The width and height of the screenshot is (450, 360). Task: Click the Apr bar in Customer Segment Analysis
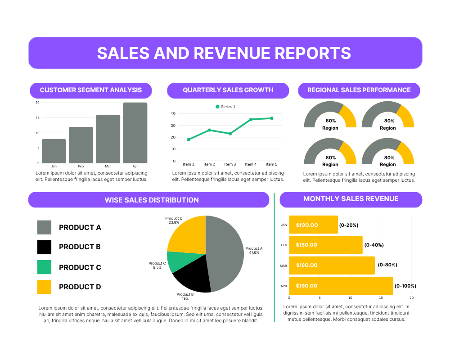tap(135, 133)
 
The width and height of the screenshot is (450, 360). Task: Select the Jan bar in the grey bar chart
tap(54, 151)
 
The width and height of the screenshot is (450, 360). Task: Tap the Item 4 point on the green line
tap(251, 119)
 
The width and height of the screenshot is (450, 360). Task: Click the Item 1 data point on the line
tap(189, 139)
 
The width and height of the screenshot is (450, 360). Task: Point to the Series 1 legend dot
tap(217, 107)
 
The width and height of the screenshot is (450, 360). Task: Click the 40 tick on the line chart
tap(173, 113)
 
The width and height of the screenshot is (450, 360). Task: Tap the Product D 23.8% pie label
tap(174, 220)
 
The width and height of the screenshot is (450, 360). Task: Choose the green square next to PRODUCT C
tap(44, 267)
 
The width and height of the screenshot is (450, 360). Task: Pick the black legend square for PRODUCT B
tap(44, 247)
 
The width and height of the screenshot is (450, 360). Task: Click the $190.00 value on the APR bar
tap(306, 286)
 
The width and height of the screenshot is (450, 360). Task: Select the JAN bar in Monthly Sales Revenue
tap(313, 225)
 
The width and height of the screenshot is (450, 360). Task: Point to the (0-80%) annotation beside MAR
tap(387, 265)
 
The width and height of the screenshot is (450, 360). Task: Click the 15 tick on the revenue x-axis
tap(381, 298)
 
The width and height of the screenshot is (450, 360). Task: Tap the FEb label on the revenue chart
tap(284, 245)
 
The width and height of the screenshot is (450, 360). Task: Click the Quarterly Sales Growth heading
tap(228, 90)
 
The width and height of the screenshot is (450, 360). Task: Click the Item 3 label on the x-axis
tap(230, 164)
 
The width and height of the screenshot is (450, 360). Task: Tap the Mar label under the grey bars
tap(108, 166)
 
